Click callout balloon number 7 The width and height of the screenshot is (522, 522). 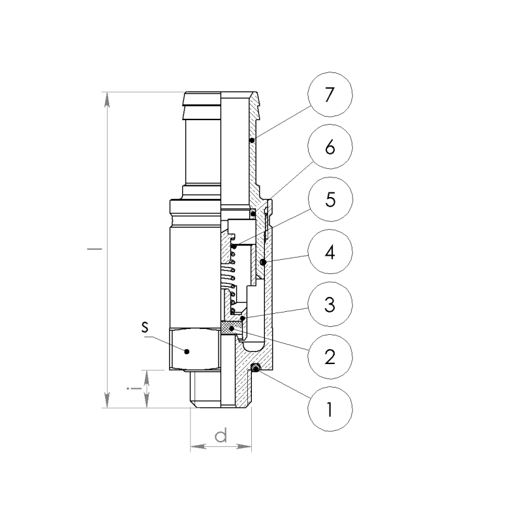click(330, 94)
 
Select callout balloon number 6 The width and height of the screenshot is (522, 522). click(330, 147)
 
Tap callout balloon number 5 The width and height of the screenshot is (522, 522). click(330, 199)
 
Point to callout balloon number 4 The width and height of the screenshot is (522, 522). click(330, 252)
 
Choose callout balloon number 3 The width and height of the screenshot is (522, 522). click(330, 304)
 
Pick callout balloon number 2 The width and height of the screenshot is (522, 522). click(330, 356)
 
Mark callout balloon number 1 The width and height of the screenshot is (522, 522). click(330, 409)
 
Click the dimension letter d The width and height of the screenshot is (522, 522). click(221, 435)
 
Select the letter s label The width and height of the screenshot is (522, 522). click(144, 328)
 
